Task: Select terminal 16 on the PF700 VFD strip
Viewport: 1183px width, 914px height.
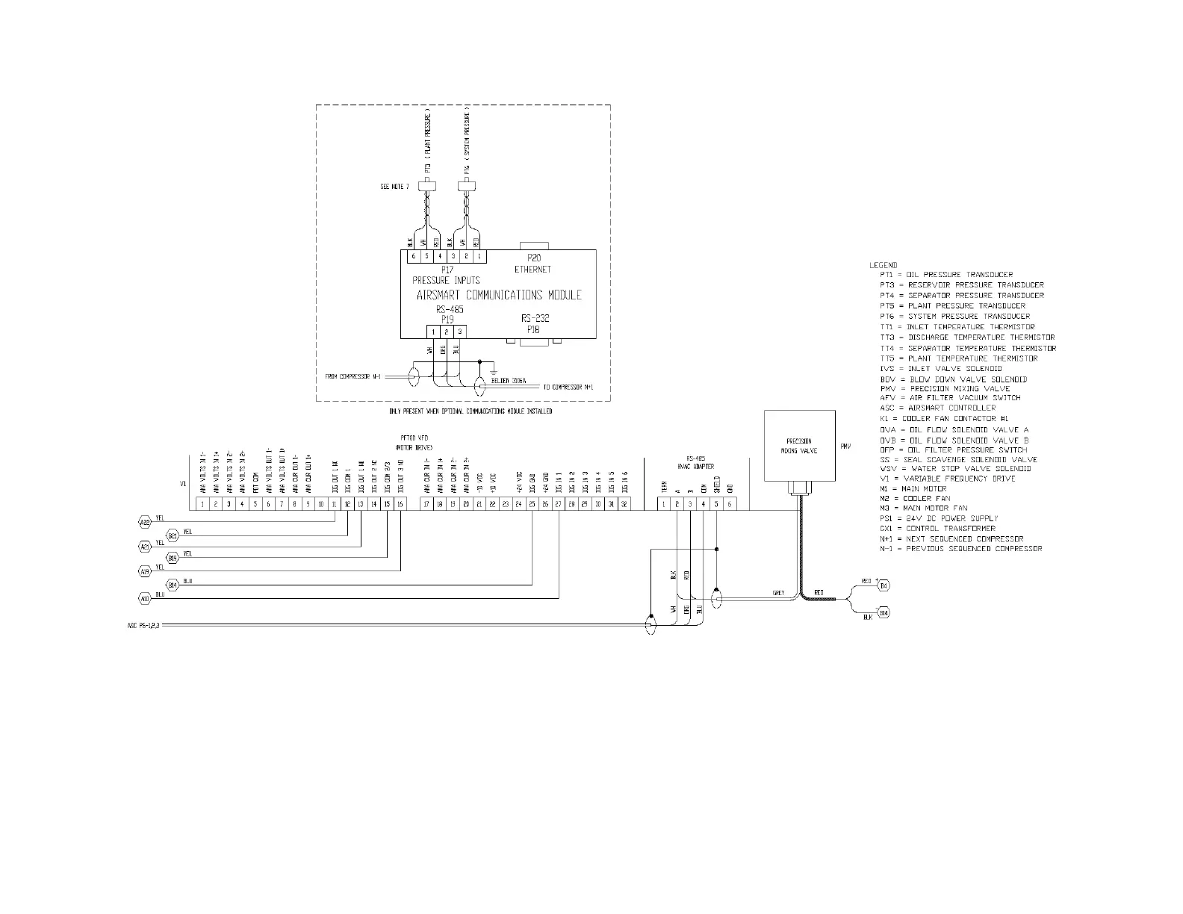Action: pos(400,504)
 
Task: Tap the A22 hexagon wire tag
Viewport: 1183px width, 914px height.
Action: pos(145,522)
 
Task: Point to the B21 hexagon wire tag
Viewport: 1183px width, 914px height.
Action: pos(173,535)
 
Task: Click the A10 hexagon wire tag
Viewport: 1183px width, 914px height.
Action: pos(145,598)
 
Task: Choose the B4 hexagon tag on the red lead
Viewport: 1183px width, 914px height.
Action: pos(884,585)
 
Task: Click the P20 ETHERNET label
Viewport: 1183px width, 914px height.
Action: pos(532,263)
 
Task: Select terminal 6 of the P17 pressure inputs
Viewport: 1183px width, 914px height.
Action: pos(413,256)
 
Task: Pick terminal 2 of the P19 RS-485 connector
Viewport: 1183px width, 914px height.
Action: pos(446,331)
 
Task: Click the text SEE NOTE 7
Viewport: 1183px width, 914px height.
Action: pos(394,186)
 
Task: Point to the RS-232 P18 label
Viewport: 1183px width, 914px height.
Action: pos(535,323)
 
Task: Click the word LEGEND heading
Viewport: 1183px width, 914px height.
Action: pos(883,265)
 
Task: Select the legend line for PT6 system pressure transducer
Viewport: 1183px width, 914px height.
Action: pos(954,316)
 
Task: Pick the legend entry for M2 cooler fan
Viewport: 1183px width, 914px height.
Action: pos(915,498)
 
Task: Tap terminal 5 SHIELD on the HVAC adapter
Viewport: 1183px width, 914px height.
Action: pos(715,504)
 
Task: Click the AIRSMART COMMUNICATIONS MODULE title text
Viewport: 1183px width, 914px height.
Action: pos(498,295)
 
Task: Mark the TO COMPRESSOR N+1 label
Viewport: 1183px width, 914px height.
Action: pos(568,388)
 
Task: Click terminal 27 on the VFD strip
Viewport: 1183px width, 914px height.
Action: pos(558,504)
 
